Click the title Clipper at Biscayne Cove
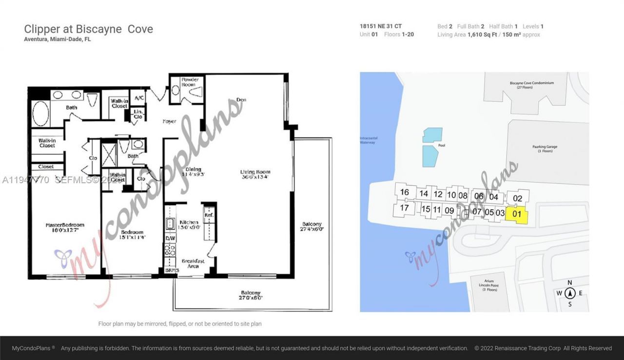(x=88, y=29)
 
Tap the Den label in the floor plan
(x=241, y=100)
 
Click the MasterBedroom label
(x=65, y=228)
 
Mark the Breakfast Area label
(x=193, y=263)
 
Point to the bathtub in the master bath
(x=40, y=114)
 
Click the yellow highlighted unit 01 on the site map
(x=517, y=214)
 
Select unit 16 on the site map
(x=404, y=192)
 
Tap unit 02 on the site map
(x=517, y=198)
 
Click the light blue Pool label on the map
(x=441, y=145)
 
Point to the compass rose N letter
(x=569, y=282)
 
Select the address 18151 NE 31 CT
(x=381, y=26)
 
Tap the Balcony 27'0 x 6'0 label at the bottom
(x=252, y=295)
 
